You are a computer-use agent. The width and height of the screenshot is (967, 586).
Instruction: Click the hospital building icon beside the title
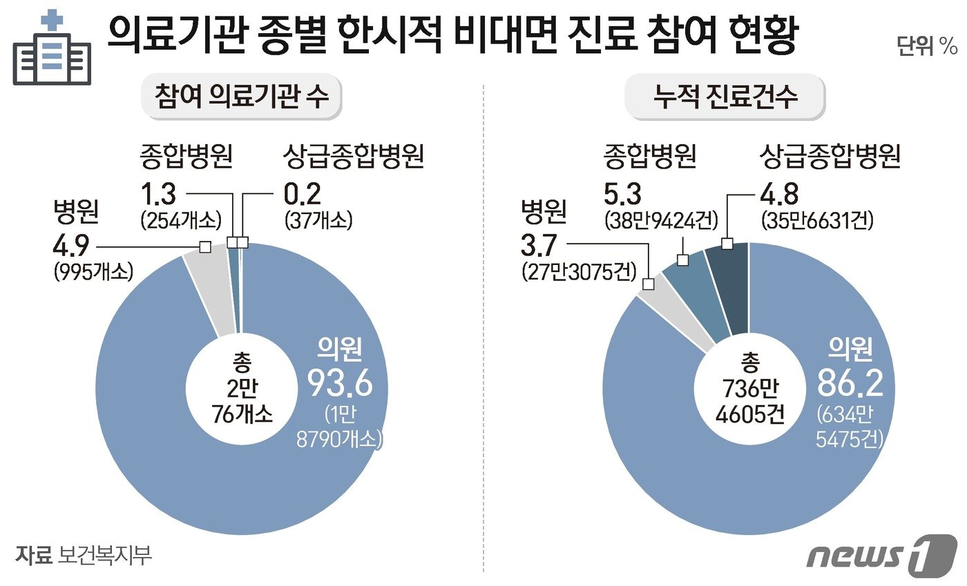(52, 50)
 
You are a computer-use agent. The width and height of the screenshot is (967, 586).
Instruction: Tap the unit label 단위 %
(926, 47)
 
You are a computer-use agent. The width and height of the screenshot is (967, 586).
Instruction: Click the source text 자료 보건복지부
(83, 554)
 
